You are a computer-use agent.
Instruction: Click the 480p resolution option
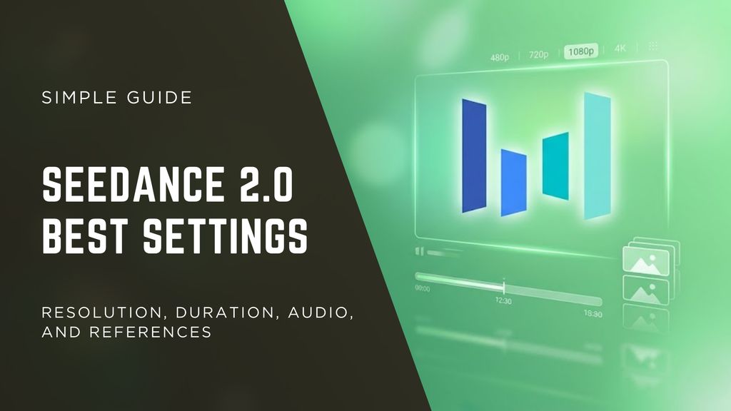(x=500, y=56)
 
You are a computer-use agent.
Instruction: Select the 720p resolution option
(x=540, y=54)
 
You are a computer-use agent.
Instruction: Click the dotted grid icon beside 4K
(x=652, y=47)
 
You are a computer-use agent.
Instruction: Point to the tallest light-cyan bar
(x=597, y=156)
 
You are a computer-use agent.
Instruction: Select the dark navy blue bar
(x=474, y=156)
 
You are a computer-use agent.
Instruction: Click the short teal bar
(x=555, y=166)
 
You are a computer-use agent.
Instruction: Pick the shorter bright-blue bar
(x=513, y=183)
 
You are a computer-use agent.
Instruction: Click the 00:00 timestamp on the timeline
(x=423, y=289)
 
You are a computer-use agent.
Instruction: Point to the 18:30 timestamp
(x=593, y=314)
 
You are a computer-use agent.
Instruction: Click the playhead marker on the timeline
(x=504, y=287)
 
